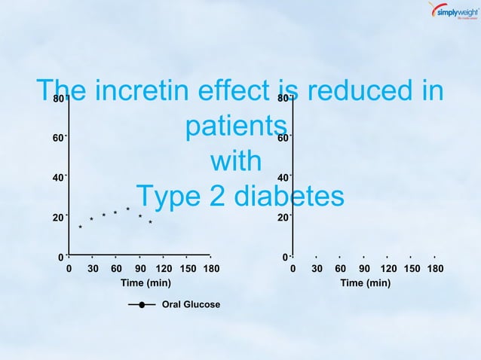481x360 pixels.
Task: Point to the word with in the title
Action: coord(236,161)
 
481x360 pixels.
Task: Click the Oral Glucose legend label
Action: coord(191,305)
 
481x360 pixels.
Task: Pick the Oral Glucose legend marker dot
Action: coord(142,305)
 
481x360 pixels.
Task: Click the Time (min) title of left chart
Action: coord(146,283)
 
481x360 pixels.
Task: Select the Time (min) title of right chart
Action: coord(365,283)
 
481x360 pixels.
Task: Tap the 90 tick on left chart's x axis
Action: coord(139,268)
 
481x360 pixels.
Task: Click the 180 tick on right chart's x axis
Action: coord(436,268)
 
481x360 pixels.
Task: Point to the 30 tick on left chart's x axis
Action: coord(93,268)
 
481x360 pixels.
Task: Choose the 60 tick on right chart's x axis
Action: coord(340,268)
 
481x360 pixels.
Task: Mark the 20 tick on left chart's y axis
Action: coord(57,218)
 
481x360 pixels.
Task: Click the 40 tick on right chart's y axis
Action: coord(282,178)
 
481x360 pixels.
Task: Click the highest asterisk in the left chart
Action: coord(127,209)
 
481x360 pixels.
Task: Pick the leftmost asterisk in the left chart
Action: coord(81,227)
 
